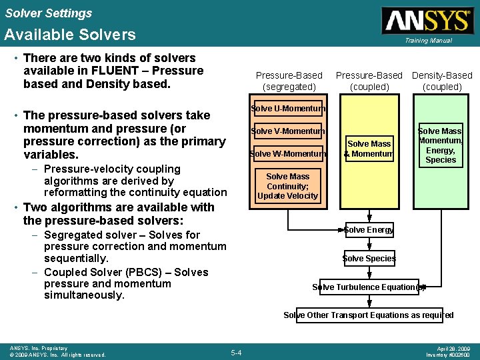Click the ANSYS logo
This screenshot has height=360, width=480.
[x=427, y=20]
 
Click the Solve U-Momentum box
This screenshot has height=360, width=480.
[x=288, y=109]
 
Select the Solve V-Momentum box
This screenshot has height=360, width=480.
[x=288, y=131]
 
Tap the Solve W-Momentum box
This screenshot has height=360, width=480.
[x=288, y=154]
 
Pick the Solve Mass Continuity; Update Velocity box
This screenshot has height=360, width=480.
[x=288, y=187]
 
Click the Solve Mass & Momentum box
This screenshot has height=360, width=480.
[x=369, y=149]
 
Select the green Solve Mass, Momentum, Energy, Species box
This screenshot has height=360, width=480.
[x=441, y=145]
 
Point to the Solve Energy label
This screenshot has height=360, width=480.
[x=369, y=230]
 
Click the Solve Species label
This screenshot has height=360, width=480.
[x=369, y=259]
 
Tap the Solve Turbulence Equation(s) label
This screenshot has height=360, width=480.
[x=369, y=287]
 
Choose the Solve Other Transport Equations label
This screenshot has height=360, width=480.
[x=369, y=315]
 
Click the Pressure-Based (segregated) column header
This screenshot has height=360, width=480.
[x=289, y=81]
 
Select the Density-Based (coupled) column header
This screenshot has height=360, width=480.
[x=442, y=81]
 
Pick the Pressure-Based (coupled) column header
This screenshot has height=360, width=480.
[x=369, y=81]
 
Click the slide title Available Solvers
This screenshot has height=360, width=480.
[x=70, y=35]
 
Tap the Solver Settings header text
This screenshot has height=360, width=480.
[x=49, y=13]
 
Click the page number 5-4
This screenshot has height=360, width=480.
[x=236, y=352]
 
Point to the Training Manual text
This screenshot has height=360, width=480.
[x=427, y=41]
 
